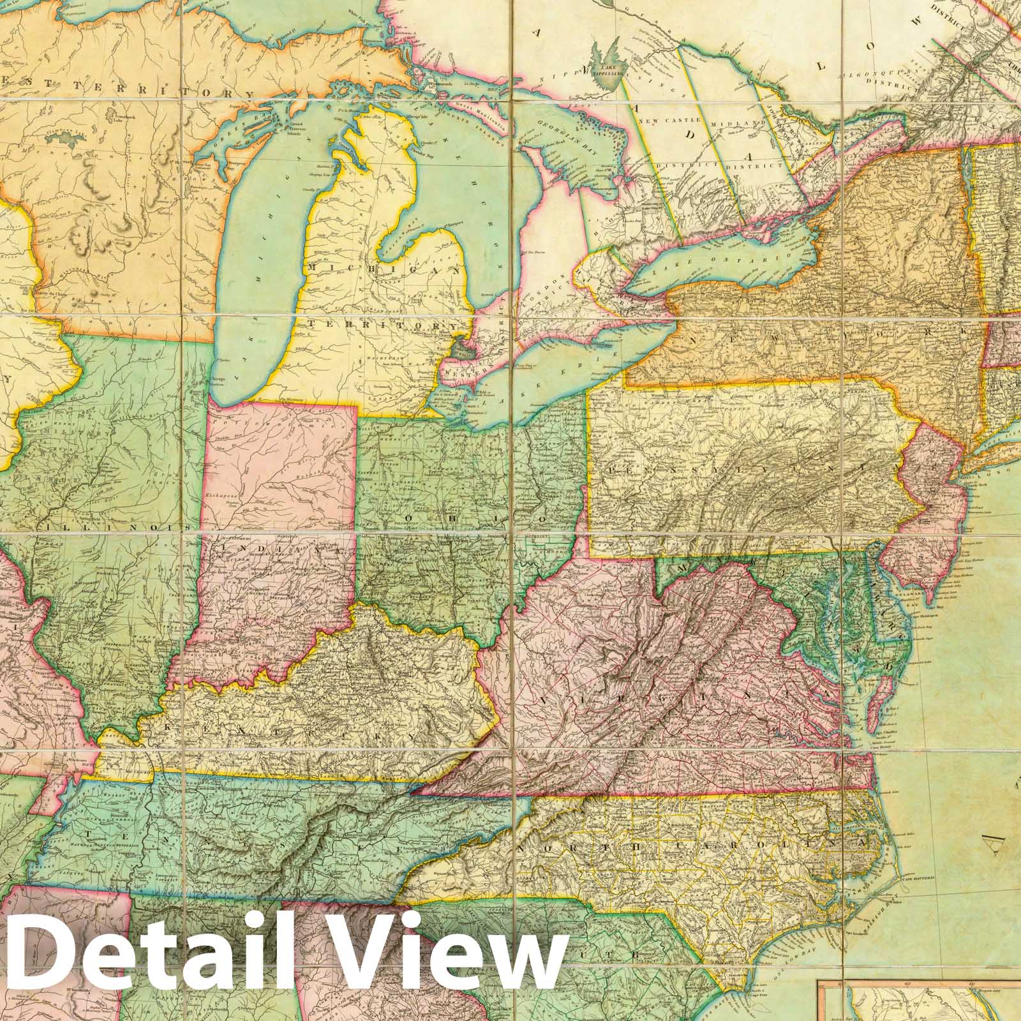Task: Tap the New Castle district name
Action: tap(683, 121)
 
